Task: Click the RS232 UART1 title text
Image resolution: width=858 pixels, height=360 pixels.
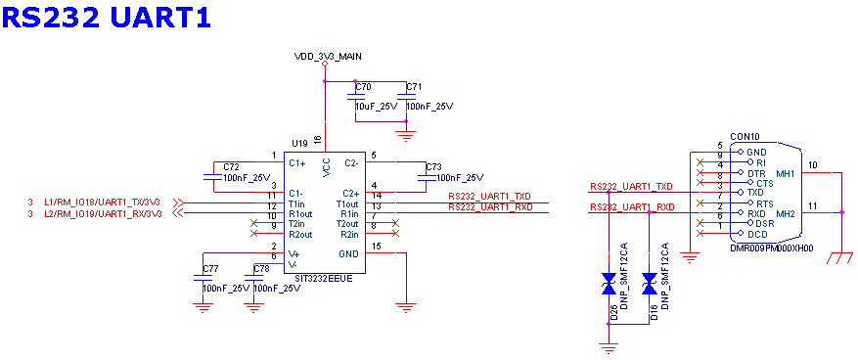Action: (107, 17)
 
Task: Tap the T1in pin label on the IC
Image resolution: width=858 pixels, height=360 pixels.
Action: (297, 203)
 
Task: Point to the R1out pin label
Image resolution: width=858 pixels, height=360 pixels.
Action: (300, 213)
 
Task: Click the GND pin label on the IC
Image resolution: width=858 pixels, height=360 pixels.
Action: (349, 253)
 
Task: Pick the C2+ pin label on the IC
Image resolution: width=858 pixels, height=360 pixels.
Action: (351, 194)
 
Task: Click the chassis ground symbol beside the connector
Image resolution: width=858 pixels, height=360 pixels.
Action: (836, 258)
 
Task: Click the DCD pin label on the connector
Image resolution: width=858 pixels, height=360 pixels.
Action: (758, 234)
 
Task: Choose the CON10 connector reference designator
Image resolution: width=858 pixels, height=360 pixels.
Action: (745, 138)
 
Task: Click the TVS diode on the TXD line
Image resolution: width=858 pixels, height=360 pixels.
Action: (609, 284)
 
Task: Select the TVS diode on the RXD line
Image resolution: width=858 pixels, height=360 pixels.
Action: (648, 284)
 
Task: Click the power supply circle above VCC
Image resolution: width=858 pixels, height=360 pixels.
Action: (326, 64)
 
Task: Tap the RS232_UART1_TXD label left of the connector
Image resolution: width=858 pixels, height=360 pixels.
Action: (632, 186)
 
